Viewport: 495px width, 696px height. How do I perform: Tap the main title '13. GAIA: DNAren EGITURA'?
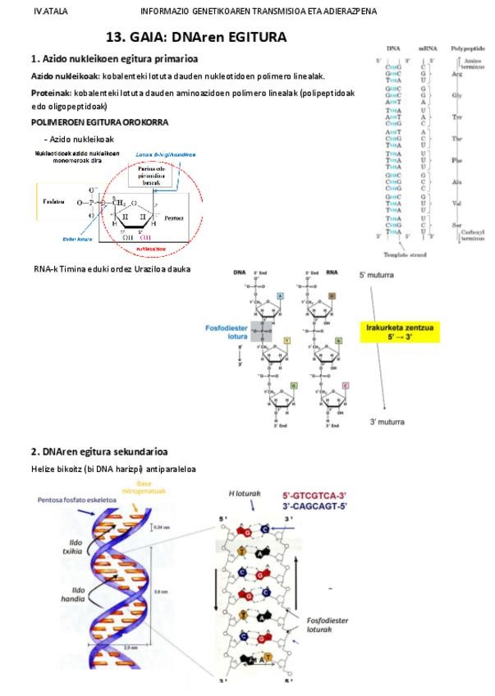(196, 38)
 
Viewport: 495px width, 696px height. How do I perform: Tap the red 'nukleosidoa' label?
(151, 246)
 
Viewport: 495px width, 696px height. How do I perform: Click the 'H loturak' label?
(244, 493)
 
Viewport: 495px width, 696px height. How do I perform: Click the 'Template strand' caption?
(409, 256)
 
